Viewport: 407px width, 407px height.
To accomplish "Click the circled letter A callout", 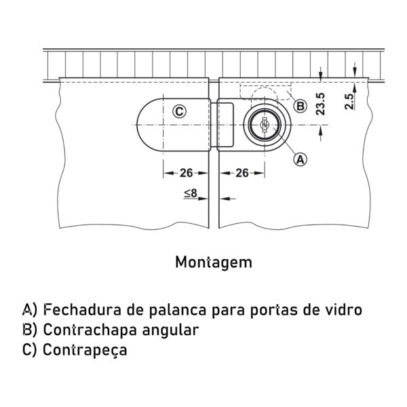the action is (x=300, y=159).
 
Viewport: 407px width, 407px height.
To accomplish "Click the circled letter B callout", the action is (x=300, y=106).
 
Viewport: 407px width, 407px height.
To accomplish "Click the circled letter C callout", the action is (x=179, y=112).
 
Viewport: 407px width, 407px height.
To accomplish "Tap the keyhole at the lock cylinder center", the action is (x=265, y=125).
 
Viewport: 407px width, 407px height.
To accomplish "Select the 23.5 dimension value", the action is (x=321, y=104).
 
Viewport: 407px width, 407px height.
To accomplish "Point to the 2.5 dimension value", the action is (x=349, y=102).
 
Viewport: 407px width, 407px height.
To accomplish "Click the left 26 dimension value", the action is (x=187, y=173).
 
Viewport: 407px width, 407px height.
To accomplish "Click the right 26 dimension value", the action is (x=242, y=173).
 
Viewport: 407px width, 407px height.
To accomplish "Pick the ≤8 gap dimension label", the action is (x=191, y=193).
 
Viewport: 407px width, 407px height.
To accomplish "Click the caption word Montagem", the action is (x=214, y=263).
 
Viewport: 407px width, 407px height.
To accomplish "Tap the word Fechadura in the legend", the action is (x=82, y=309).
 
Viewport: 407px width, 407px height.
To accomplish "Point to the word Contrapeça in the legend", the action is (x=85, y=350).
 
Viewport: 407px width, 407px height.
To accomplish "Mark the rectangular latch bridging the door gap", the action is (x=222, y=125).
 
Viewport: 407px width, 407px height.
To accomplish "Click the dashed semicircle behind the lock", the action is (x=263, y=94).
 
